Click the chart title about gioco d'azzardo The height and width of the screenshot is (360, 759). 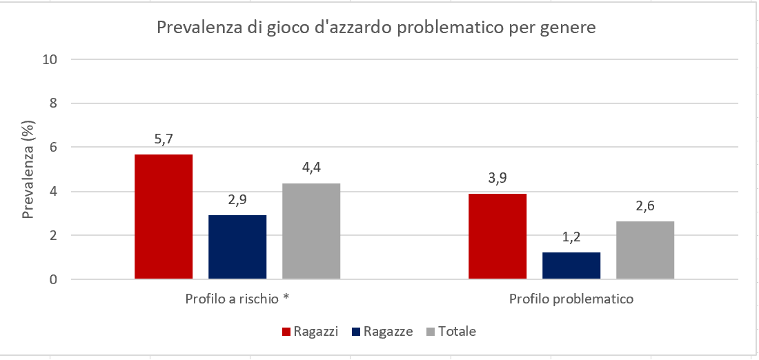point(376,28)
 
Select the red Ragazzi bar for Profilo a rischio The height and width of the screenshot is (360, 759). point(164,217)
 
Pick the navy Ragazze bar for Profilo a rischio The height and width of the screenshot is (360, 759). point(237,247)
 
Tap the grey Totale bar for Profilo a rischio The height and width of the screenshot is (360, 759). point(311,231)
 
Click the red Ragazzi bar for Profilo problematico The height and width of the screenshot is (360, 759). point(497,237)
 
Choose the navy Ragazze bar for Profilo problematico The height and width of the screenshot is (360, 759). point(571,266)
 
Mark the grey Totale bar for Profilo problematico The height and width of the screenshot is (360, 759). point(645,250)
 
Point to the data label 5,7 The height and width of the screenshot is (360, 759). point(164,139)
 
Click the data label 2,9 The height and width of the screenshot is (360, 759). point(237,201)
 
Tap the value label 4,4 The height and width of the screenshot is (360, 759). point(311,168)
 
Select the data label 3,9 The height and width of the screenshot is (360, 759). point(497,179)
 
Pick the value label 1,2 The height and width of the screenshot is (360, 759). point(571,238)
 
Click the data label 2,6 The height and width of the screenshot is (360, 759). point(645,207)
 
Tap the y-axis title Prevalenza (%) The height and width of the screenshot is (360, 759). point(28,170)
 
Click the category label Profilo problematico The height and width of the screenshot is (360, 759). point(571,300)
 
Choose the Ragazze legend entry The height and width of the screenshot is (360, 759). point(382,332)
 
